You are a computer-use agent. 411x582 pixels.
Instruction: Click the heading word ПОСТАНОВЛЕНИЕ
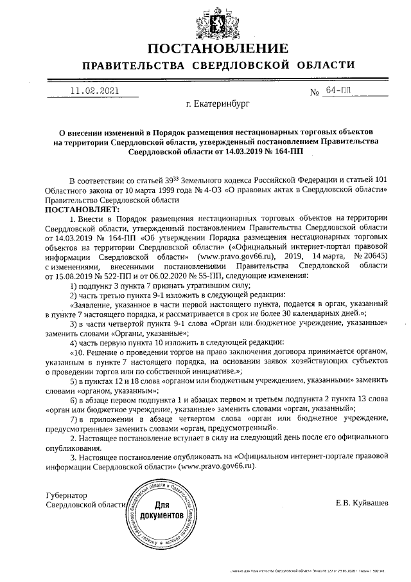click(x=218, y=50)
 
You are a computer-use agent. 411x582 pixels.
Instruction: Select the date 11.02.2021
click(x=95, y=91)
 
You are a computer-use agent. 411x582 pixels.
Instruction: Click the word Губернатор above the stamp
click(x=66, y=495)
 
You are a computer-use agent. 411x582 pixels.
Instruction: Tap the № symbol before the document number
click(x=315, y=93)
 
